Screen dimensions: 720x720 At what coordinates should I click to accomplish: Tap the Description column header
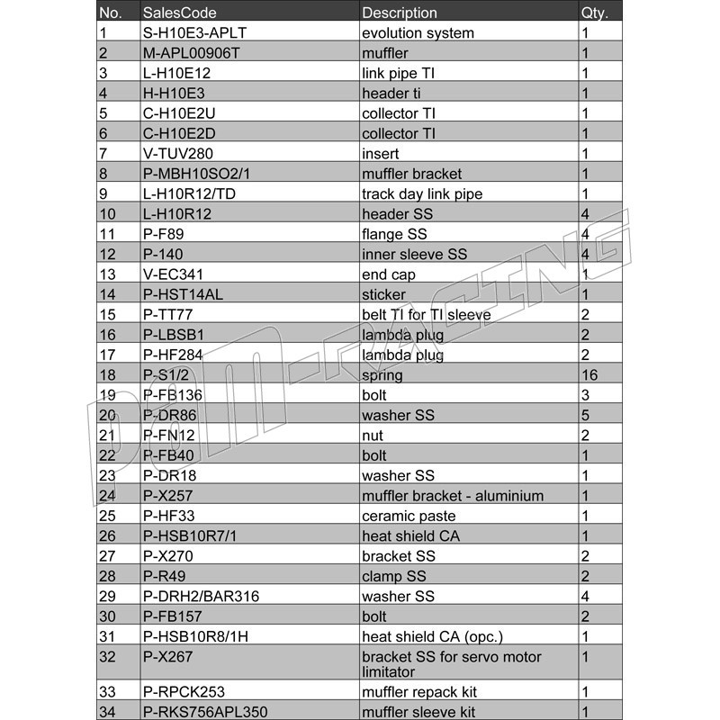[x=400, y=13]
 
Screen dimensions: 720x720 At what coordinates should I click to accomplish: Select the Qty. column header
[x=595, y=13]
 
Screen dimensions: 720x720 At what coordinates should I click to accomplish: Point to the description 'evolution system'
[x=418, y=33]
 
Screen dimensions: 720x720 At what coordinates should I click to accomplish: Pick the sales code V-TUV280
[x=178, y=154]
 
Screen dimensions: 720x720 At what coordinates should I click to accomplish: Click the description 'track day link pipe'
[x=422, y=194]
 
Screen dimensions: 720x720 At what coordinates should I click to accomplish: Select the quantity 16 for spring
[x=589, y=375]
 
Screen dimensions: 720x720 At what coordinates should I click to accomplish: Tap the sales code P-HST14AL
[x=184, y=294]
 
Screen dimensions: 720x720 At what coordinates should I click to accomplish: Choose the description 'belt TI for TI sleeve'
[x=427, y=315]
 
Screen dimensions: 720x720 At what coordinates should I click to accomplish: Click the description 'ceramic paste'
[x=409, y=517]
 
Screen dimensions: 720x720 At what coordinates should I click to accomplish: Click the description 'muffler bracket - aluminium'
[x=453, y=496]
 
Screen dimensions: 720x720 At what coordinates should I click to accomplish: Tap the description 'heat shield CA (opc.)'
[x=431, y=637]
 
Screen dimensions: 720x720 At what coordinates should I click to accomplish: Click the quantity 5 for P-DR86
[x=585, y=416]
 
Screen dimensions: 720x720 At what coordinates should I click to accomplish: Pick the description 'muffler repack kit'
[x=419, y=692]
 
